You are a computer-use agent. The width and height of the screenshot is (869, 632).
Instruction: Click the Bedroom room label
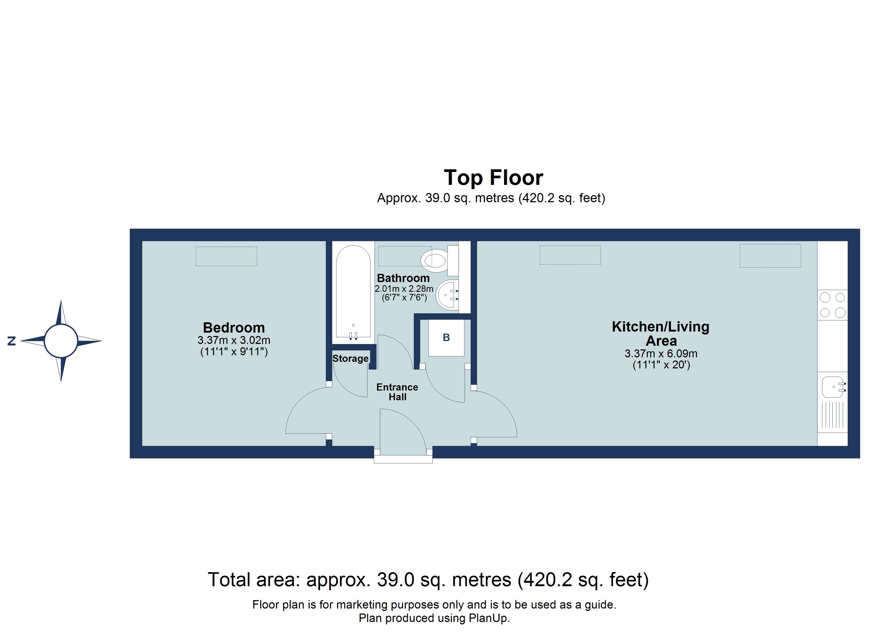coord(234,328)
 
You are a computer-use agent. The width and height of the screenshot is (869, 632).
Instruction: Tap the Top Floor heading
coord(493,178)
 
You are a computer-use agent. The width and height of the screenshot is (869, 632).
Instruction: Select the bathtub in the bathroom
coord(353,291)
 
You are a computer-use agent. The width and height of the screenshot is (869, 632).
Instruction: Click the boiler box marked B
coord(446,338)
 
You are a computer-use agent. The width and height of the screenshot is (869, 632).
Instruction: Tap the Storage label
coord(350,358)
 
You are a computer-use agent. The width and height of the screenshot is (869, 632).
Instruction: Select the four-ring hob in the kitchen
coord(832,305)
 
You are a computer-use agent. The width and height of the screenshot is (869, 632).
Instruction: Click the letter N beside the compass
coord(12,341)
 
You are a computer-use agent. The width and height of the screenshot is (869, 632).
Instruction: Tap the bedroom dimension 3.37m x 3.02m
coord(234,340)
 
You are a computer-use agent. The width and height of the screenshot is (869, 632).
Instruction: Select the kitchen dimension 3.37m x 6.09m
coord(660,353)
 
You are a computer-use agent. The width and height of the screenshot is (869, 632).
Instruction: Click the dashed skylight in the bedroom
coord(226,256)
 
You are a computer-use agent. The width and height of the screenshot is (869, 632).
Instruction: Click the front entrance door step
coord(403,460)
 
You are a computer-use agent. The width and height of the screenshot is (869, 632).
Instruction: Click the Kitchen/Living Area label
coord(660,333)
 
